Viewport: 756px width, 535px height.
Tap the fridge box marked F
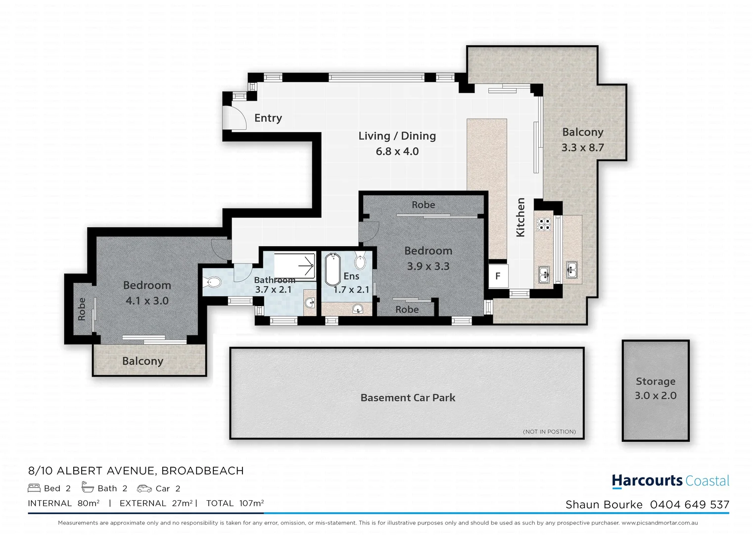pyautogui.click(x=498, y=276)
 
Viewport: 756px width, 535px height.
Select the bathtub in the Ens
pyautogui.click(x=332, y=269)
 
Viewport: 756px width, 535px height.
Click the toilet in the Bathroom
pyautogui.click(x=213, y=283)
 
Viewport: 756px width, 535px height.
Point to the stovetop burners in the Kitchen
pyautogui.click(x=544, y=225)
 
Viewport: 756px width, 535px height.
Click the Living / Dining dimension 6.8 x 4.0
pyautogui.click(x=397, y=152)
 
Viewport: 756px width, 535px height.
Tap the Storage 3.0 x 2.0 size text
pyautogui.click(x=655, y=396)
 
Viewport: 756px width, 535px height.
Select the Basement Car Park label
pyautogui.click(x=408, y=398)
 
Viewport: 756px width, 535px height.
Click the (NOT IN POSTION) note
pyautogui.click(x=549, y=432)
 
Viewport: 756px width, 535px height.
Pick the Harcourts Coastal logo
pyautogui.click(x=670, y=481)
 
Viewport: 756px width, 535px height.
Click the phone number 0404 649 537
pyautogui.click(x=689, y=505)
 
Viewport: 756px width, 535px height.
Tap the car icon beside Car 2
pyautogui.click(x=144, y=488)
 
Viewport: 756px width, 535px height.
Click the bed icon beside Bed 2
pyautogui.click(x=34, y=488)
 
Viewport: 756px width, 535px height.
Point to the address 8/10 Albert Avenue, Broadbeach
pyautogui.click(x=136, y=471)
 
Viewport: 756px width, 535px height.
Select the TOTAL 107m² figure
pyautogui.click(x=235, y=503)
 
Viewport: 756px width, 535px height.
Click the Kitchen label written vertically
pyautogui.click(x=520, y=217)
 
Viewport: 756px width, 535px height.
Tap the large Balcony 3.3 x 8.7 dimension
pyautogui.click(x=582, y=148)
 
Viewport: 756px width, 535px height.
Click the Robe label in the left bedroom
pyautogui.click(x=82, y=309)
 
